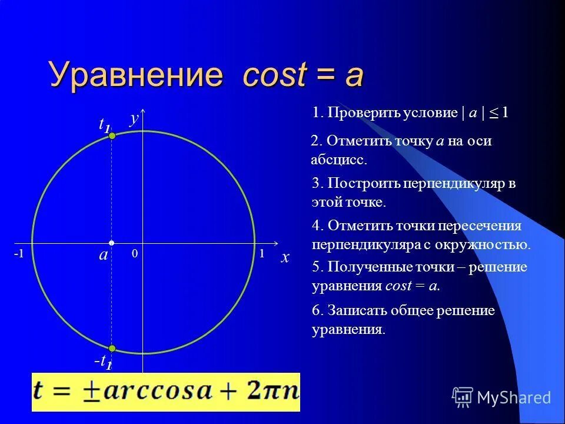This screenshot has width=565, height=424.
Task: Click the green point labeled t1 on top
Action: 112,136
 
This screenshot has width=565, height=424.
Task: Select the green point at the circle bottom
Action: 112,348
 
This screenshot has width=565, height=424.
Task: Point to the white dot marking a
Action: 112,243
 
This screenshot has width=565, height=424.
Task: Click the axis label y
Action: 134,118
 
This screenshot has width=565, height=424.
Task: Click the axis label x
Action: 285,257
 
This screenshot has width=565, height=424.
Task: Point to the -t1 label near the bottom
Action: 103,362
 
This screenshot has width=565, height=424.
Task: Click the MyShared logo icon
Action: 463,397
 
